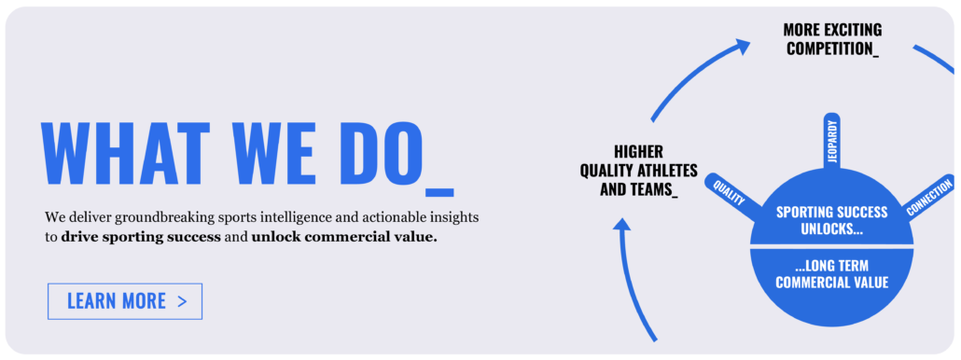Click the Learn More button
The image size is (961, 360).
(125, 301)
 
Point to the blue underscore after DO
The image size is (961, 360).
(439, 192)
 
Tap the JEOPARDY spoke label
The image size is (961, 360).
(832, 141)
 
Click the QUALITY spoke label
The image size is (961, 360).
(730, 191)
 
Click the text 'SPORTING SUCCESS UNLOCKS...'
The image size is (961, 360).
(831, 220)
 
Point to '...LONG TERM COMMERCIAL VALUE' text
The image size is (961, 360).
(831, 274)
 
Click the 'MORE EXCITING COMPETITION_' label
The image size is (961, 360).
(832, 39)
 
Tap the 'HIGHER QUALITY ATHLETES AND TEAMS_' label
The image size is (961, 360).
(638, 170)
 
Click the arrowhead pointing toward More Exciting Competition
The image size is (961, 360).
(742, 46)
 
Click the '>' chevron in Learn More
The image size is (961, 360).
(181, 301)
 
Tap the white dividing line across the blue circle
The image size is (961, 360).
(831, 246)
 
